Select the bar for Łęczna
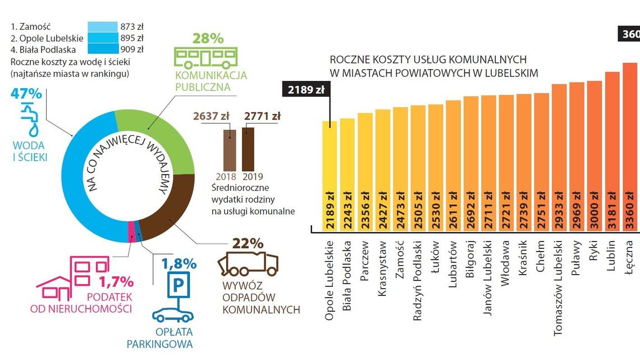(x=630, y=146)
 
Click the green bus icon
(x=205, y=58)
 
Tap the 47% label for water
(x=26, y=94)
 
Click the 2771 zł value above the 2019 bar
(x=262, y=117)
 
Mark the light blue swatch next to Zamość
(x=102, y=26)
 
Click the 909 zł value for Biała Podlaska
(x=132, y=49)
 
